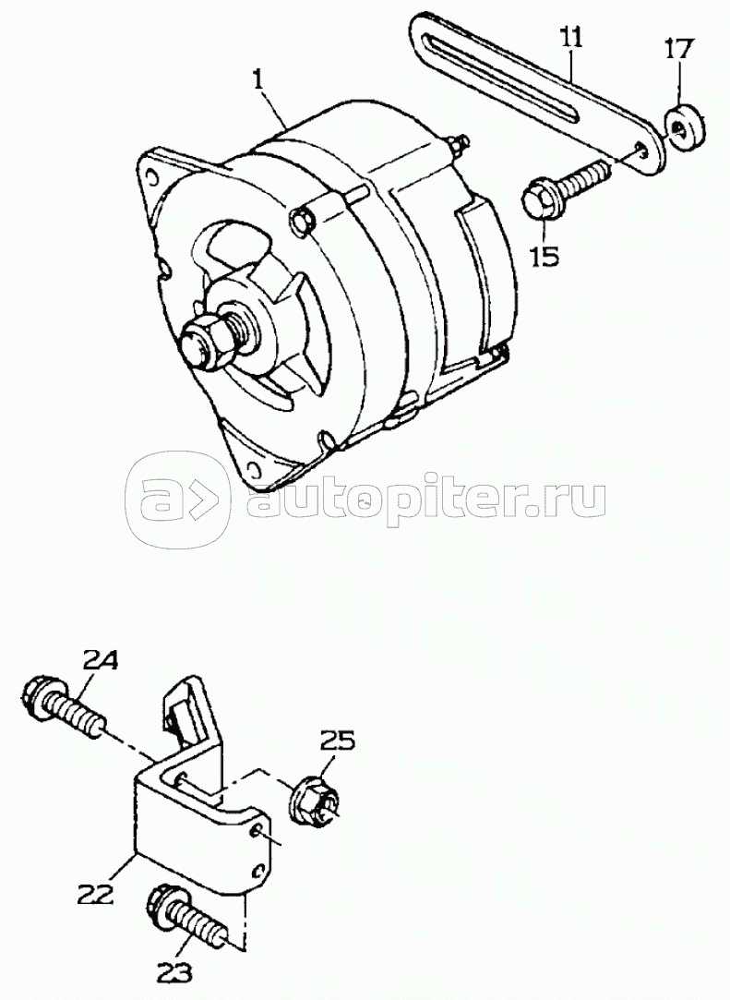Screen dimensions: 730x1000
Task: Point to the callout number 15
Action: (x=545, y=254)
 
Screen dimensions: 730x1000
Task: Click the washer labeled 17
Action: (x=685, y=127)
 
